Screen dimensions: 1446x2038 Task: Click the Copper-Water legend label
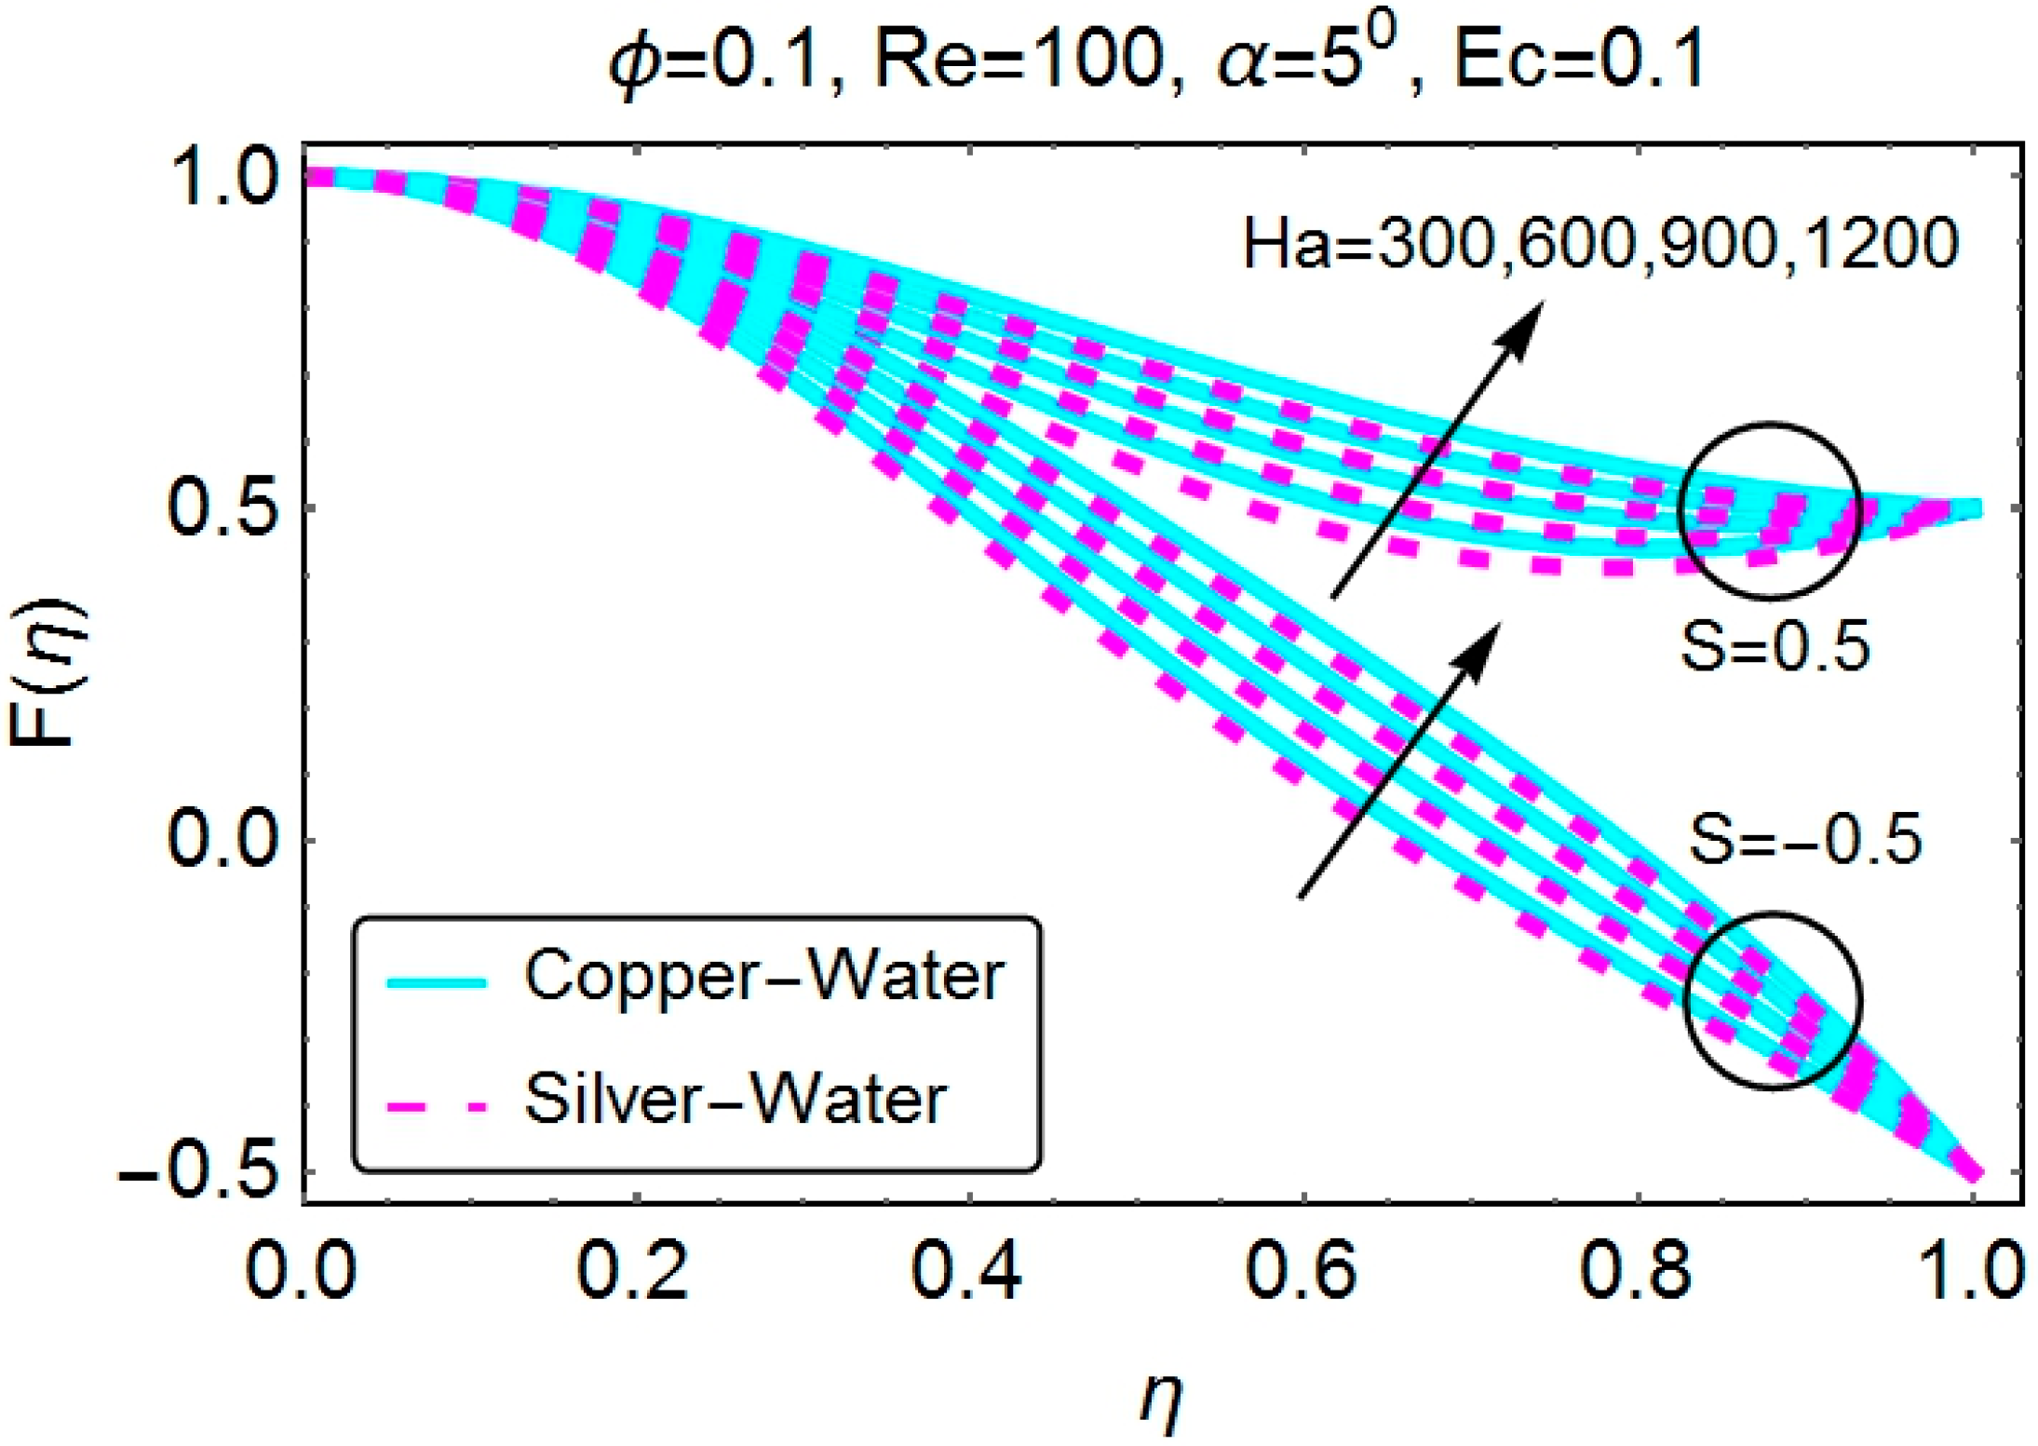pos(763,977)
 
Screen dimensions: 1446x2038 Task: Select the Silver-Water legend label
pos(736,1100)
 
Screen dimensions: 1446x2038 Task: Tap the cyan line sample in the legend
pos(437,982)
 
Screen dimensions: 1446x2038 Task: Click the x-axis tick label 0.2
pos(633,1272)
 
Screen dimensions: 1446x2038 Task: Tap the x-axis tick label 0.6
pos(1302,1272)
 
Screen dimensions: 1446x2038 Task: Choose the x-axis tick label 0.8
pos(1636,1272)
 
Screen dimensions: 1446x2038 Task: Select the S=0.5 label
pos(1775,647)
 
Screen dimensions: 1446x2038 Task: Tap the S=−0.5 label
pos(1804,839)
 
